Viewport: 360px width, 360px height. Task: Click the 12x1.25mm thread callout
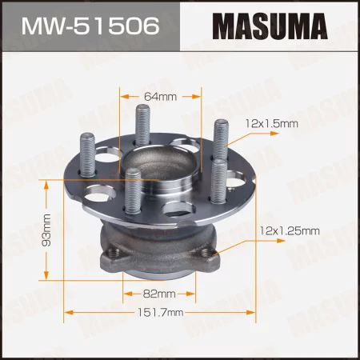[x=289, y=231]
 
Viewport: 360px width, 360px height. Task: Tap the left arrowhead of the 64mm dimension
[x=123, y=97]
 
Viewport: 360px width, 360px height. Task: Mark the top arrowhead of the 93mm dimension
[x=47, y=182]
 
